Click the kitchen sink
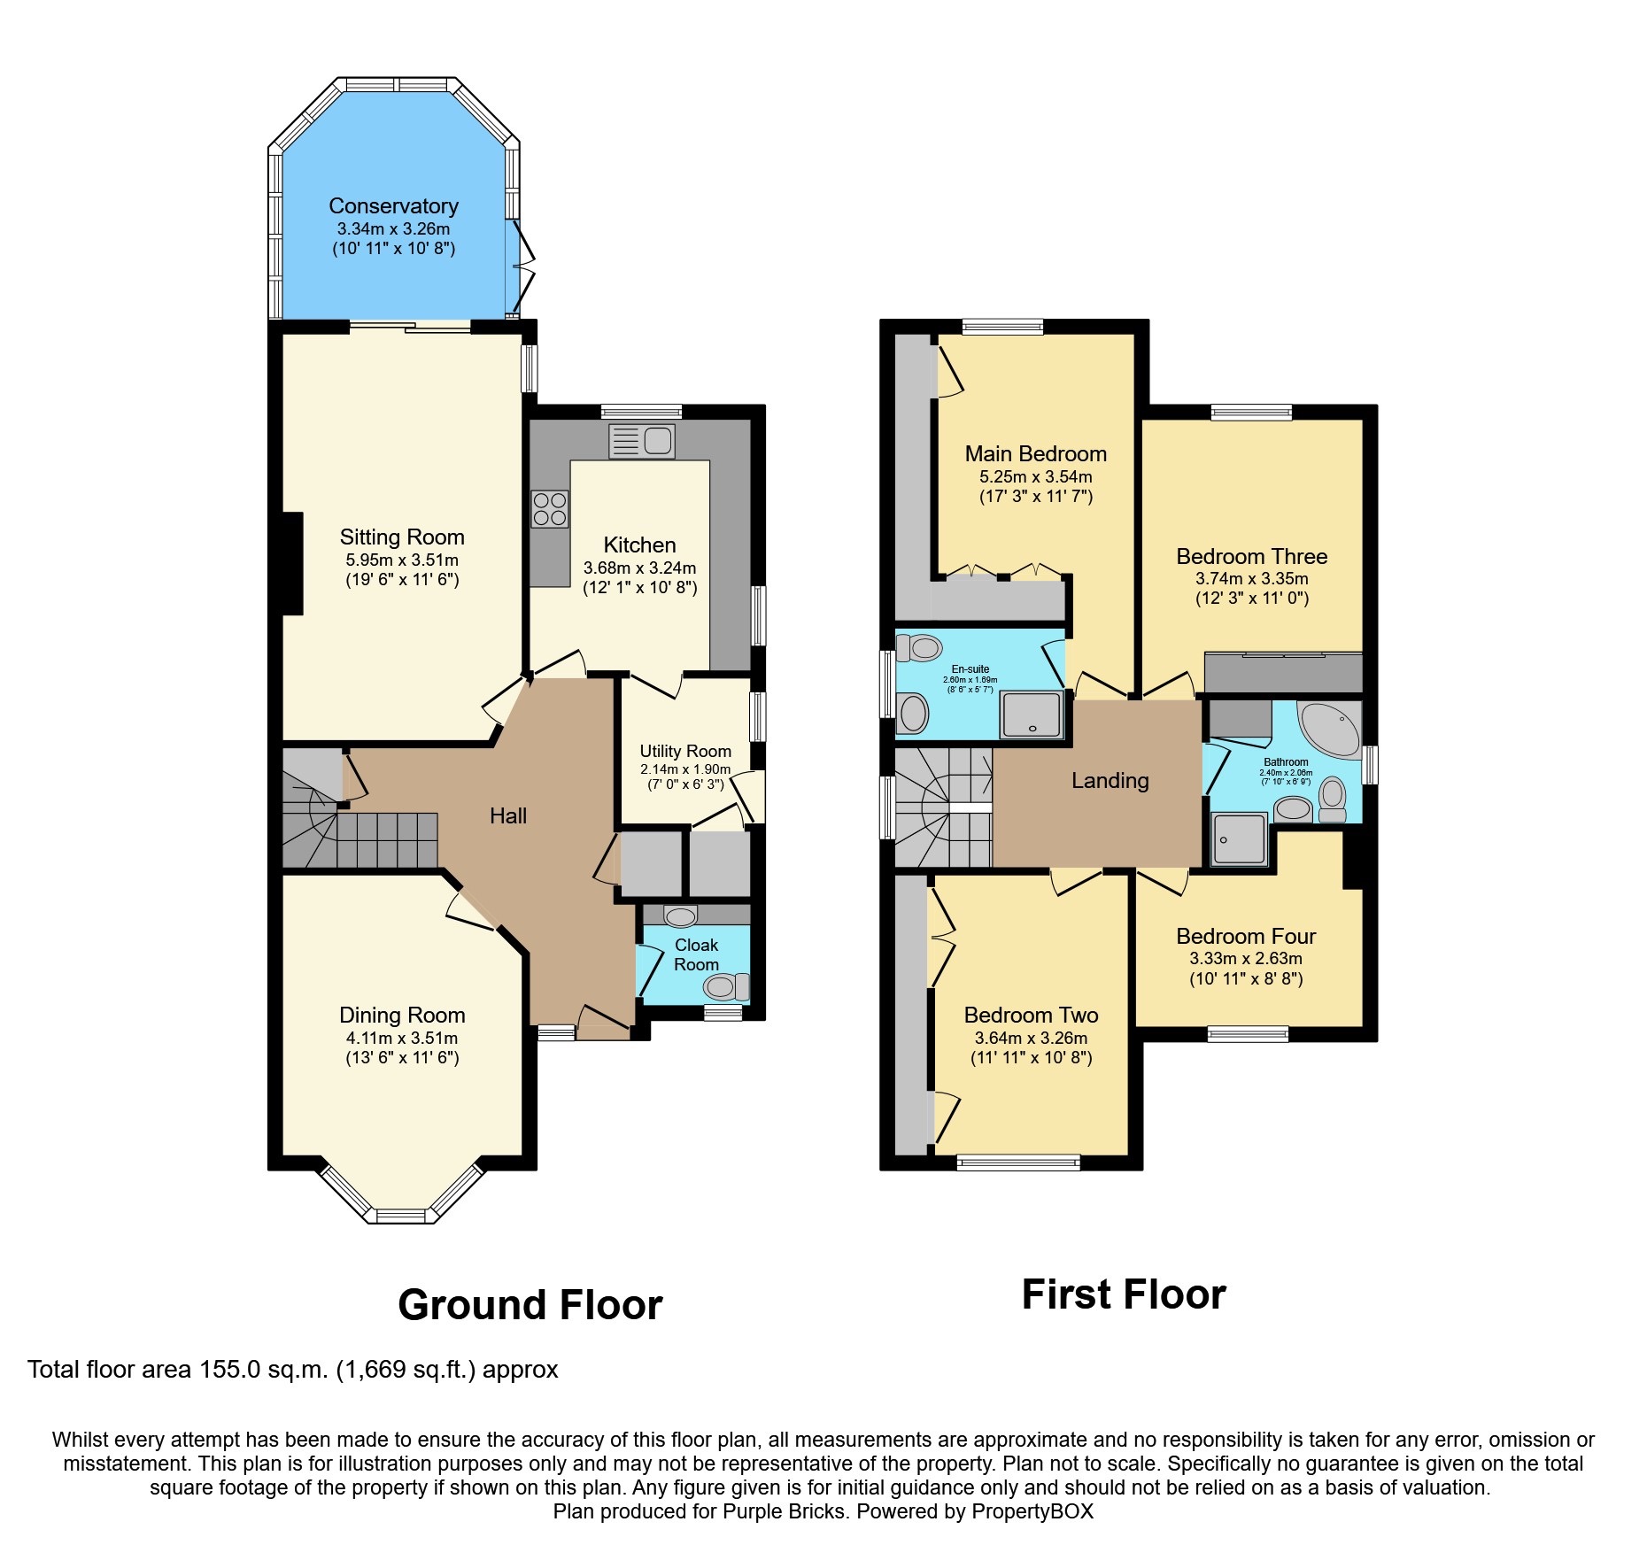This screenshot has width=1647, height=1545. coord(642,441)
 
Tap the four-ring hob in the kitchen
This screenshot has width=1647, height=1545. coord(549,509)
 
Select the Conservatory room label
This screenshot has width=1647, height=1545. coord(393,206)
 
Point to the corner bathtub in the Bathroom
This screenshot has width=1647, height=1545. coord(1330,729)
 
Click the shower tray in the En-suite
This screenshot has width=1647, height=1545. coord(1032,715)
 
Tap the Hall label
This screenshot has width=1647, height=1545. coord(508,815)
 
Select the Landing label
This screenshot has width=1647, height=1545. coord(1110,780)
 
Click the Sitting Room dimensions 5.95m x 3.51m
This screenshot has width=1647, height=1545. coord(402,560)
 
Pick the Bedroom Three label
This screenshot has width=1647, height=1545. coord(1251,556)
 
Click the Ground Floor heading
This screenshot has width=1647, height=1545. coord(530,1305)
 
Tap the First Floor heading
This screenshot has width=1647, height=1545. coord(1123,1294)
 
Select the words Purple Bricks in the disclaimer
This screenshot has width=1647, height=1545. coord(784,1511)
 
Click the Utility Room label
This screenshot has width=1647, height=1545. coord(685,751)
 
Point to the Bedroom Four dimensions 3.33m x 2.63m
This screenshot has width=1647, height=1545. coord(1245,958)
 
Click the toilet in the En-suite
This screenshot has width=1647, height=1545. coord(920,648)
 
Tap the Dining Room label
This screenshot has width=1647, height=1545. coord(402,1015)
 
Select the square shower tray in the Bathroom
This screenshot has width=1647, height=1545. coord(1240,838)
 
